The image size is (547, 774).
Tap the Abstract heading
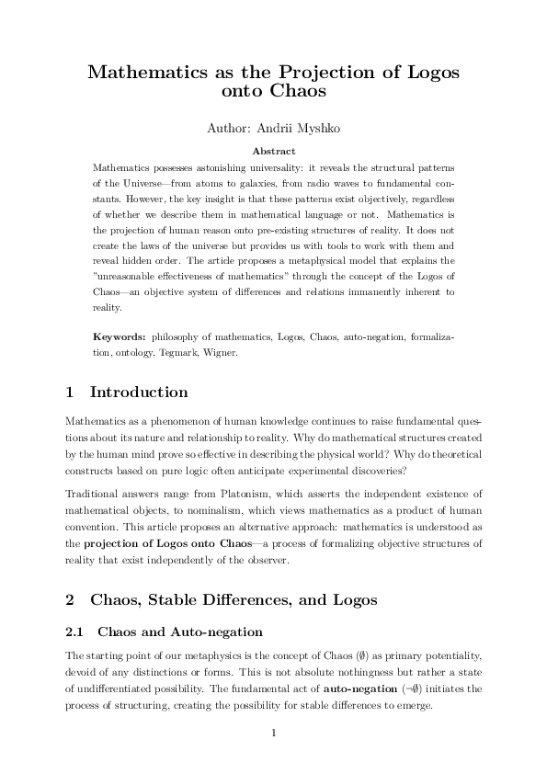coord(273,149)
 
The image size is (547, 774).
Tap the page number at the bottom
coord(273,733)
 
